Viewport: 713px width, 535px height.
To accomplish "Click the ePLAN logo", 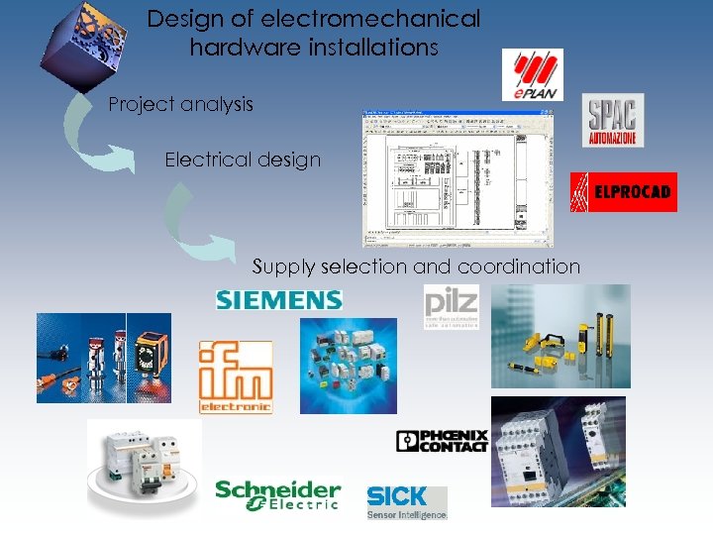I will [x=532, y=74].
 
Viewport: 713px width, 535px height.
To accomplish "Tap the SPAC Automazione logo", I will [x=614, y=120].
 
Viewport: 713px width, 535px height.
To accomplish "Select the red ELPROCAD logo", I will [x=624, y=192].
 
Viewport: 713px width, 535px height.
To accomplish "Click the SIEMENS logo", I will [x=279, y=298].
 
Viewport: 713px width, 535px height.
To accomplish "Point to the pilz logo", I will [x=452, y=307].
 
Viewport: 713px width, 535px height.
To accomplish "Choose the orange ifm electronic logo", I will [x=236, y=376].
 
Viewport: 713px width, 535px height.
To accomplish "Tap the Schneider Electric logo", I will [x=278, y=495].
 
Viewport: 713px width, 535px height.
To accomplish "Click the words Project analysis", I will [x=180, y=104].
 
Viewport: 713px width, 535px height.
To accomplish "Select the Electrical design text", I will [x=243, y=160].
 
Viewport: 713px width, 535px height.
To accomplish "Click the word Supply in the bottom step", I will [x=279, y=267].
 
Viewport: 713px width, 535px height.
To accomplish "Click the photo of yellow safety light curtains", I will [x=560, y=336].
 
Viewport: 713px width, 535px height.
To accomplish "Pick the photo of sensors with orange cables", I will [x=104, y=358].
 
